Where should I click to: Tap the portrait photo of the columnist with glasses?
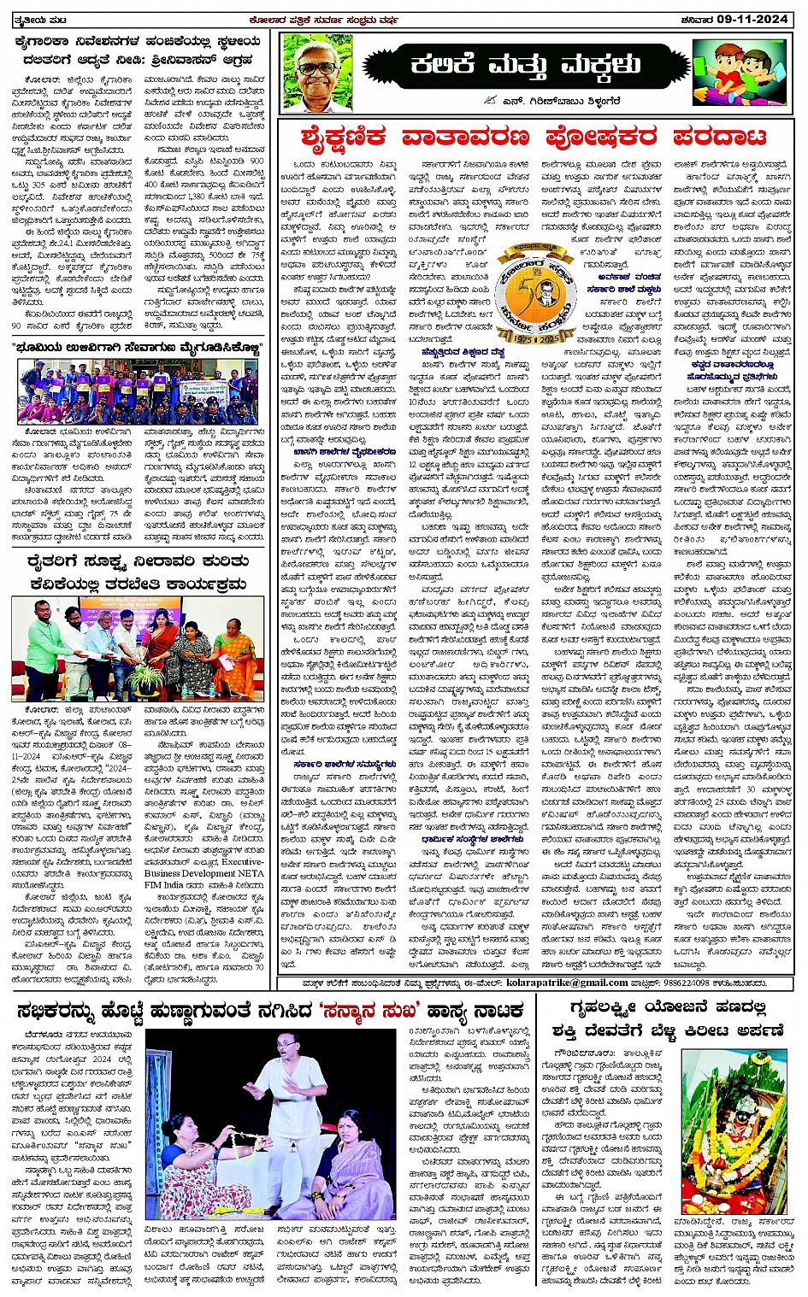317,73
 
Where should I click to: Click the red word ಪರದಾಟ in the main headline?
718,137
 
